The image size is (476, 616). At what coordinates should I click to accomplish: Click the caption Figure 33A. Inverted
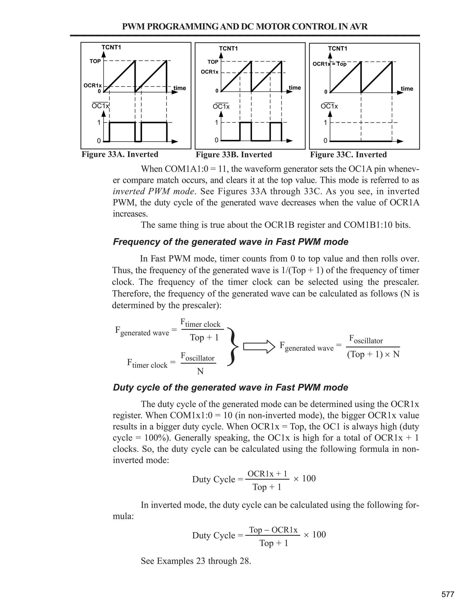point(120,154)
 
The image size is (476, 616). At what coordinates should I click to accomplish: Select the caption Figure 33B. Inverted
point(234,155)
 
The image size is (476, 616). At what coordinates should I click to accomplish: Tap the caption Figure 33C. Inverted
point(348,155)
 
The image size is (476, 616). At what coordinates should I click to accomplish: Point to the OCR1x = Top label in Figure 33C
point(329,64)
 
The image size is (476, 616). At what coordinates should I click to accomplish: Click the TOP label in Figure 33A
point(95,61)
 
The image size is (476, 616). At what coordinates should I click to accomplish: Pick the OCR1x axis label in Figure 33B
point(209,72)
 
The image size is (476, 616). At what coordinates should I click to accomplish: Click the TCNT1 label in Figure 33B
point(228,49)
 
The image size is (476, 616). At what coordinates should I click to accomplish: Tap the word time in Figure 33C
point(407,89)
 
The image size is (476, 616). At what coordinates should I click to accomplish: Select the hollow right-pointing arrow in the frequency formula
point(259,347)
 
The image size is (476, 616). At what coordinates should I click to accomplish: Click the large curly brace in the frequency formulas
point(232,347)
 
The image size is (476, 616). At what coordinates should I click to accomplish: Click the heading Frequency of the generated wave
point(230,242)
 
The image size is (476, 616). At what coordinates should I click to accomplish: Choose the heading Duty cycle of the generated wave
point(230,387)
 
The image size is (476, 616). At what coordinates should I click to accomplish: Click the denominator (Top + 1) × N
point(373,354)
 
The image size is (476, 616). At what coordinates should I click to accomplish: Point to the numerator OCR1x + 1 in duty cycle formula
point(267,474)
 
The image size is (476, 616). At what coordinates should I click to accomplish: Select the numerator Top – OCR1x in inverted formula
point(273,530)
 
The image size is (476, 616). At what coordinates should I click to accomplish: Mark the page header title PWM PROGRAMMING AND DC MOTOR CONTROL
point(245,26)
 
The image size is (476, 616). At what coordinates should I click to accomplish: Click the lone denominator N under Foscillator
point(200,371)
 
